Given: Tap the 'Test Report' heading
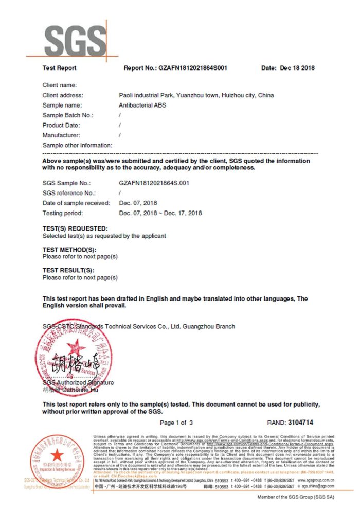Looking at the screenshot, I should pos(59,68).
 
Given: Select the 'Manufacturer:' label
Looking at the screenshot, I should pos(61,135).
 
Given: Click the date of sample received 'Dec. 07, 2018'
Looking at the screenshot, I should pos(138,203).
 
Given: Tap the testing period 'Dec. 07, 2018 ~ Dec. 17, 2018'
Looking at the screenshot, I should pos(160,213).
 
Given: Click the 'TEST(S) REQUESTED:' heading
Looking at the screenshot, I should pos(75,228).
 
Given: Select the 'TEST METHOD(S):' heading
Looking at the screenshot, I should pos(69,249).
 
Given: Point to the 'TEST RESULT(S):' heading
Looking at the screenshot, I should pos(68,270).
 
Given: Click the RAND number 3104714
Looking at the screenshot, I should pos(298,423).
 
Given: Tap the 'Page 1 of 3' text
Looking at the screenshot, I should pos(176,423).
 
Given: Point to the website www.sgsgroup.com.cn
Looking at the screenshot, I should pos(316,479).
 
